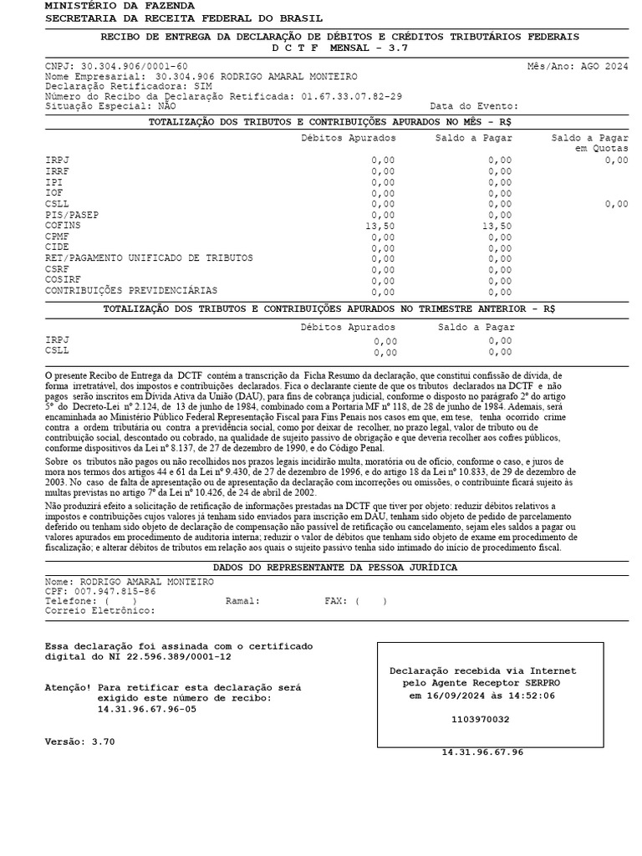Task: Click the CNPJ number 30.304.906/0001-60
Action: point(134,66)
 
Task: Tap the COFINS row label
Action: point(63,226)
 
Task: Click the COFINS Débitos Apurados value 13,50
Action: point(380,226)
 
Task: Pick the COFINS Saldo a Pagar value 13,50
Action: point(497,226)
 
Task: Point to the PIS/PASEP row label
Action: point(71,215)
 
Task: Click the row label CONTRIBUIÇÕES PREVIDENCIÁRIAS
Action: point(131,291)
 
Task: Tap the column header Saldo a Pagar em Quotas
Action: point(590,143)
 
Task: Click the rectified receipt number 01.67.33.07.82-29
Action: point(351,96)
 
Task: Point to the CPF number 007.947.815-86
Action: point(112,591)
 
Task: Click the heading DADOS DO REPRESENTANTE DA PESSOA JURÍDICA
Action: point(335,568)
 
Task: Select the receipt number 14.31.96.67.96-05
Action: point(147,709)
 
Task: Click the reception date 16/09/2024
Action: point(461,695)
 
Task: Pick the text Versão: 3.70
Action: point(79,741)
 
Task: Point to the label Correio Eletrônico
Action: point(99,611)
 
